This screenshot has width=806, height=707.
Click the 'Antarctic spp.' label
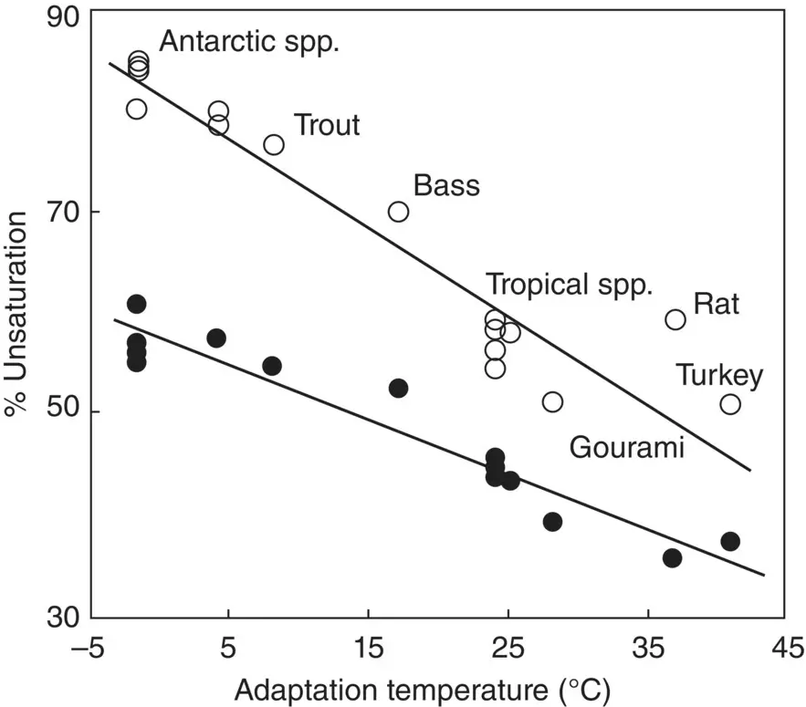tap(248, 42)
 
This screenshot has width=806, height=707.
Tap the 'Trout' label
tap(326, 125)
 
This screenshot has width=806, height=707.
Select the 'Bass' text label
tap(446, 186)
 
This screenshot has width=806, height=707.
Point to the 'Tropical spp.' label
tap(570, 284)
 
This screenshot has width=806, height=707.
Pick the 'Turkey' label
tap(719, 375)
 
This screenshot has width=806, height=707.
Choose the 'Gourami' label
tap(627, 447)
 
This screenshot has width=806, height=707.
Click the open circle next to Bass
tap(398, 212)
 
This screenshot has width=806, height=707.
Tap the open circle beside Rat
tap(675, 319)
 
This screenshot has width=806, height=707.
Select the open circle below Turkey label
tap(730, 404)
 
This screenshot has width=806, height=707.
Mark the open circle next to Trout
tap(274, 144)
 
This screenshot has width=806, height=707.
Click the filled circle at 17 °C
tap(398, 388)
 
